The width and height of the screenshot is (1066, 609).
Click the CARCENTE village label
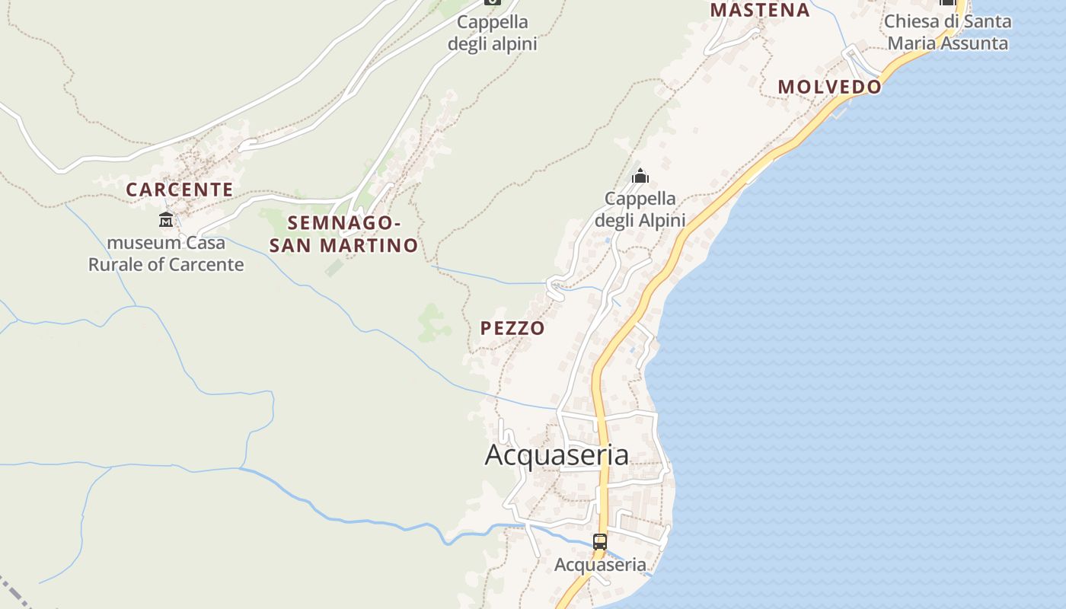tap(180, 190)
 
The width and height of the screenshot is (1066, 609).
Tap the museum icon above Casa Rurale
tap(165, 220)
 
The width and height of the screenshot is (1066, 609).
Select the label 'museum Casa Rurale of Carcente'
tap(166, 253)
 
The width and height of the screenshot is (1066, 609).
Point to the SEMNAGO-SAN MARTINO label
tap(344, 234)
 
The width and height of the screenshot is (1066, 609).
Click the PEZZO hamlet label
tap(512, 328)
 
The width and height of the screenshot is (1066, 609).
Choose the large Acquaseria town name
tap(557, 455)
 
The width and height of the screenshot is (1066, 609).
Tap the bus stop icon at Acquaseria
tap(600, 542)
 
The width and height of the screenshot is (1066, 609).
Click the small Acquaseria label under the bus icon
tap(600, 565)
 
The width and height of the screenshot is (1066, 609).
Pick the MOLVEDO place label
tap(829, 87)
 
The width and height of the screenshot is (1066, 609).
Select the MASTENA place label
tap(760, 10)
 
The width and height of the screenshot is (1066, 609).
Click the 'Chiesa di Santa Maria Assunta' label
tap(948, 32)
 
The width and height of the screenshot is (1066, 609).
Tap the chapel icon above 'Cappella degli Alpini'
tap(640, 177)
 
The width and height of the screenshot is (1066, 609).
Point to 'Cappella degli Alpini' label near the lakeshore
tap(640, 209)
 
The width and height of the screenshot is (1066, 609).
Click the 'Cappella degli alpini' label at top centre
tap(493, 33)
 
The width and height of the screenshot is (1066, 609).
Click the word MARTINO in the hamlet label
tap(369, 245)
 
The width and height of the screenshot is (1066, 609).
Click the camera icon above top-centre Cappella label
tap(493, 2)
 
